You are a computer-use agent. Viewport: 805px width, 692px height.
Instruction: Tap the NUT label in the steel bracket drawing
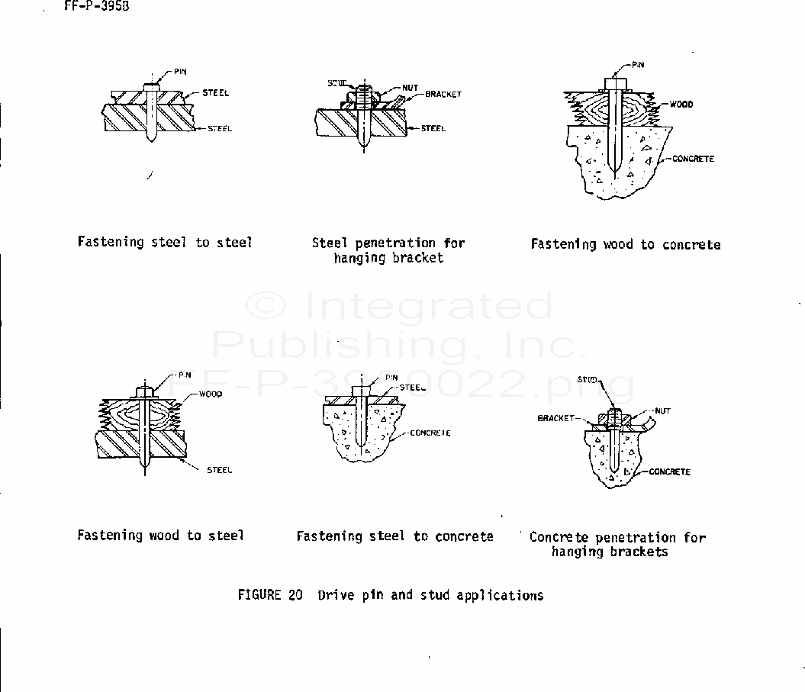(410, 87)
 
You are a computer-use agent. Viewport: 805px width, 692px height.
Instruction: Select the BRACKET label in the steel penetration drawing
(443, 95)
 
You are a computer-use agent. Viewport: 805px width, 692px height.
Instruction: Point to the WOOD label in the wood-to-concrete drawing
(681, 105)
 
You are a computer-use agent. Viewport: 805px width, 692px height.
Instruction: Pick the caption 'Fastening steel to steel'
(165, 243)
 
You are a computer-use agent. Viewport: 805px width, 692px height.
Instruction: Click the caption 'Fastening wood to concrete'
(626, 245)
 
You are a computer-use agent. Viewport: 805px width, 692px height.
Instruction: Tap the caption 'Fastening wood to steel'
(160, 536)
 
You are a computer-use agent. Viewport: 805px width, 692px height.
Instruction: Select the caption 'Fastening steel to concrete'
(394, 537)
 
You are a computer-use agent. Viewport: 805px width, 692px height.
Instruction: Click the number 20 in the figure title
(296, 595)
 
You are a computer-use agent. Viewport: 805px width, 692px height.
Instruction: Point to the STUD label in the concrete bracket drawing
(587, 379)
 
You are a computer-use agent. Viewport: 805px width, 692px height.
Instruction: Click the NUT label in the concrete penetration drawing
(662, 411)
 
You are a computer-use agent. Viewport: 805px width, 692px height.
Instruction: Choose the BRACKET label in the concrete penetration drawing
(555, 418)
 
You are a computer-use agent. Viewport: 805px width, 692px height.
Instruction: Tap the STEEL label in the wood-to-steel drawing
(220, 470)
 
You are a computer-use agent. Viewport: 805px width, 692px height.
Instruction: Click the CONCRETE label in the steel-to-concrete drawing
(430, 433)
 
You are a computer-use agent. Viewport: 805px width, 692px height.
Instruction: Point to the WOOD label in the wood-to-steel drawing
(211, 394)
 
